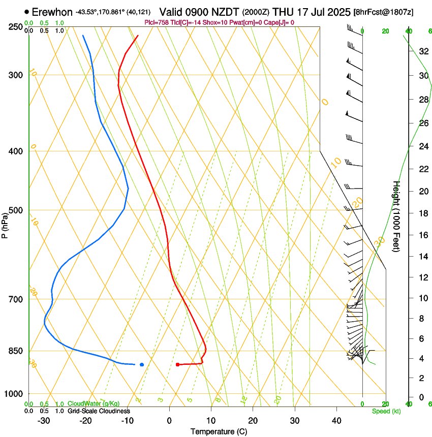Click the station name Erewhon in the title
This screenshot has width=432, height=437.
click(52, 11)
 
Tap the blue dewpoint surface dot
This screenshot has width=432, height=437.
click(142, 364)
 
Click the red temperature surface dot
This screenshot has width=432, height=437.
click(177, 364)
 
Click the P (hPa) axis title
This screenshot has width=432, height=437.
click(5, 224)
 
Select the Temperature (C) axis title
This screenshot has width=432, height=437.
click(219, 431)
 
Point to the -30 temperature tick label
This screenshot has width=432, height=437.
click(44, 421)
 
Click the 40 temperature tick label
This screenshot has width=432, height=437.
click(336, 421)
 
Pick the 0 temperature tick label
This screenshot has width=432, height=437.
click(169, 421)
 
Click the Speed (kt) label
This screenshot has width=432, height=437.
click(386, 411)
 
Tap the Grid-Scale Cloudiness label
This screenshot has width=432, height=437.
click(99, 411)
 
